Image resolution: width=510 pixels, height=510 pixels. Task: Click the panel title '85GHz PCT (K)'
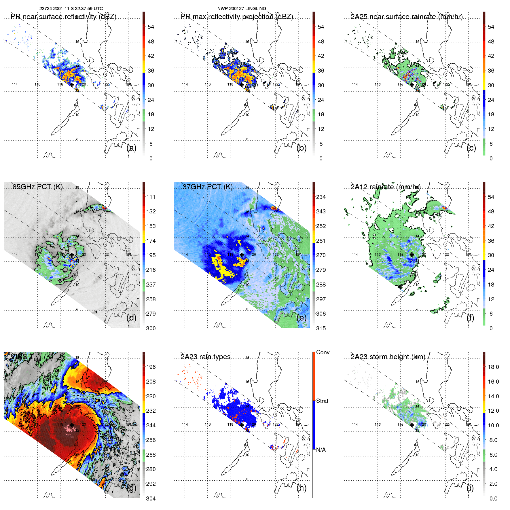pyautogui.click(x=37, y=187)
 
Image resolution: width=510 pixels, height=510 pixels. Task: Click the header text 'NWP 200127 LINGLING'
pyautogui.click(x=242, y=8)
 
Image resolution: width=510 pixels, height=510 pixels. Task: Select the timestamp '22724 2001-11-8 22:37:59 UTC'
pyautogui.click(x=71, y=8)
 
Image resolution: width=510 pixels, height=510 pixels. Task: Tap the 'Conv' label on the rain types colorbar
pyautogui.click(x=323, y=352)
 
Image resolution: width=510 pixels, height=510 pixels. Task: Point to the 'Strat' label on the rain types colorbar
pyautogui.click(x=322, y=401)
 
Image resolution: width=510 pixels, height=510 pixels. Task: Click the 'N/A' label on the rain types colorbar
pyautogui.click(x=321, y=450)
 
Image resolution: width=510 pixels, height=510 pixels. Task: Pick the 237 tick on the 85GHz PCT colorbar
pyautogui.click(x=151, y=285)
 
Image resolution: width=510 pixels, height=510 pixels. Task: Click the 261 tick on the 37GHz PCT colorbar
pyautogui.click(x=321, y=241)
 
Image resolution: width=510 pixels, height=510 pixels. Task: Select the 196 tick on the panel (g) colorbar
pyautogui.click(x=151, y=367)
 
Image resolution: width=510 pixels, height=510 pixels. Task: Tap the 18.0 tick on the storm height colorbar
pyautogui.click(x=493, y=367)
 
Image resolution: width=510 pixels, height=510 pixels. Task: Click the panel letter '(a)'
pyautogui.click(x=131, y=148)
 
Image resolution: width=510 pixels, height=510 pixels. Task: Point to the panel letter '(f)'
pyautogui.click(x=471, y=318)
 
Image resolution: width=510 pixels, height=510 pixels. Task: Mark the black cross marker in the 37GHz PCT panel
pyautogui.click(x=242, y=255)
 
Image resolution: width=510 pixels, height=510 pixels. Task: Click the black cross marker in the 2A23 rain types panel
pyautogui.click(x=242, y=425)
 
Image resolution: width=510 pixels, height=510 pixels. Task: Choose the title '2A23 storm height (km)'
pyautogui.click(x=388, y=357)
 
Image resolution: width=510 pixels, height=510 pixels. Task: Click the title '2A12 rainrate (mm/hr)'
pyautogui.click(x=386, y=187)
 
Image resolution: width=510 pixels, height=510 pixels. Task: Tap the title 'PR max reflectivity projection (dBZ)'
pyautogui.click(x=237, y=17)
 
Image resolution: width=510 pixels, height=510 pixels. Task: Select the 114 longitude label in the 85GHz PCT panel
pyautogui.click(x=15, y=255)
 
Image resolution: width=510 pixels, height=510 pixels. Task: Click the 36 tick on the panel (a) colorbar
pyautogui.click(x=151, y=71)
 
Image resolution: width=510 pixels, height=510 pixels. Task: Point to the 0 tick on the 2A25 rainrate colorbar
pyautogui.click(x=491, y=158)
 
